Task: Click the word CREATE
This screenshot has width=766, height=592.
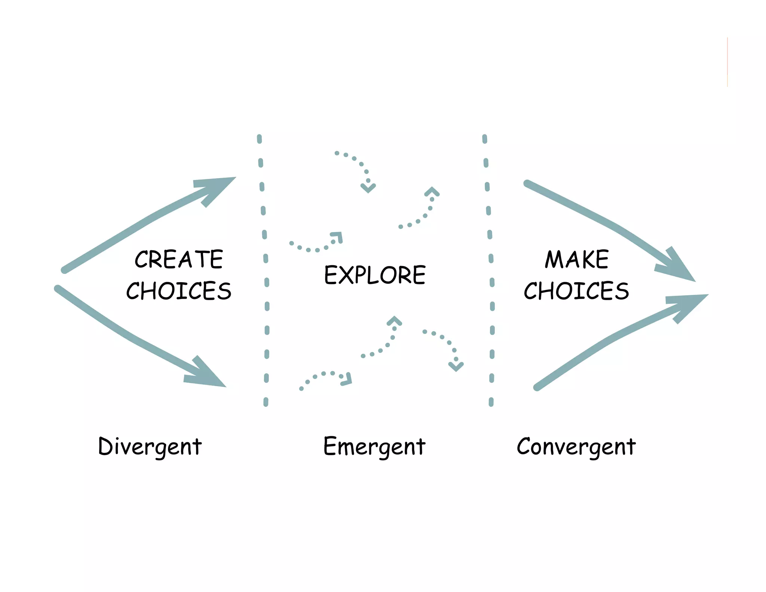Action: tap(179, 259)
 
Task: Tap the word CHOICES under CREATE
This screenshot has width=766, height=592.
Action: tap(179, 291)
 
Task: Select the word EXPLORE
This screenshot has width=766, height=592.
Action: tap(375, 275)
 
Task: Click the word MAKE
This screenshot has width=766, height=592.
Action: tap(577, 259)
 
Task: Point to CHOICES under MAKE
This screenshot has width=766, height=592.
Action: tap(576, 291)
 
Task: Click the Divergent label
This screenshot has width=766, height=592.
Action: tap(150, 446)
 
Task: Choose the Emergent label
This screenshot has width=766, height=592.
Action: tap(374, 446)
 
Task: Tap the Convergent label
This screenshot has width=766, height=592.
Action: tap(576, 446)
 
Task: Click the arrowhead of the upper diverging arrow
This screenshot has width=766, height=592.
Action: tap(219, 187)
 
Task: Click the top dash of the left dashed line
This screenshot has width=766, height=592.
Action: tap(260, 139)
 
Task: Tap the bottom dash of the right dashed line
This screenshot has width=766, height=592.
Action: tap(491, 402)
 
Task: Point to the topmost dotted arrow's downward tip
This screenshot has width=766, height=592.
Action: tap(368, 188)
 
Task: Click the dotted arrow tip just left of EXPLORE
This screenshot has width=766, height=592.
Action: tap(338, 237)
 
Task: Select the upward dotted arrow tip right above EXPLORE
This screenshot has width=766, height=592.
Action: tap(432, 191)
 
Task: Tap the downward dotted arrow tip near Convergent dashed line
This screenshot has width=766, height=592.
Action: tap(456, 366)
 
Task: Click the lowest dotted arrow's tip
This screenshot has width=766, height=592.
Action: tap(347, 379)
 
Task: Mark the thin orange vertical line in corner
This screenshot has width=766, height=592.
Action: tap(727, 62)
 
